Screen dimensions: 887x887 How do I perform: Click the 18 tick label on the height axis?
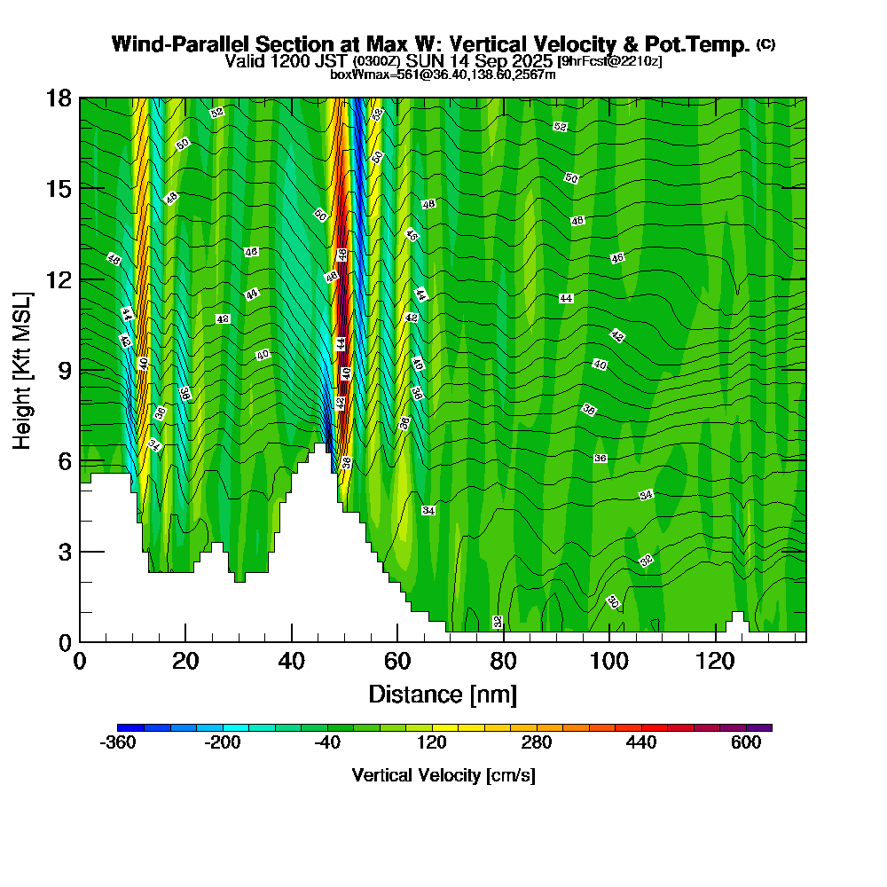click(x=60, y=98)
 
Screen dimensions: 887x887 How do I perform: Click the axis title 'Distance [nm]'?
click(x=442, y=694)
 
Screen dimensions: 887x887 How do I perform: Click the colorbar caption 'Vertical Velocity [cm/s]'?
click(x=443, y=775)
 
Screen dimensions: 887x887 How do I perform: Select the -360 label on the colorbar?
click(x=120, y=743)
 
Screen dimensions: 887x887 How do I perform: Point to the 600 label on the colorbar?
click(x=746, y=743)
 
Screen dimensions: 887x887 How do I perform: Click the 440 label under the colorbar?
click(x=641, y=743)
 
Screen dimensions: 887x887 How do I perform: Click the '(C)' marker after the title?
click(x=765, y=44)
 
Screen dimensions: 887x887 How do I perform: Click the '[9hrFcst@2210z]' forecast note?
click(x=609, y=61)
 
